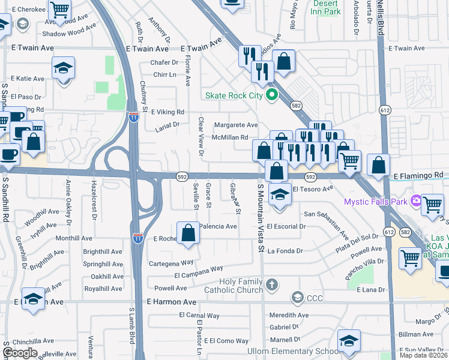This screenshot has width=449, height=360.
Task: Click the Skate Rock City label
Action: coord(234,95)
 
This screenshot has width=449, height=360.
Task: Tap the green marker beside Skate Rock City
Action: coord(271,95)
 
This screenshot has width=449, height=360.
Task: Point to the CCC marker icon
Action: coord(297,297)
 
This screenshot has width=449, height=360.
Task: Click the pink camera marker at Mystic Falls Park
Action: coord(415,202)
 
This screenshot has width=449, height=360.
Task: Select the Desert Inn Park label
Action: coord(327,7)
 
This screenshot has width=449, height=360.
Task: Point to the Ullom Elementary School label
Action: coord(294,351)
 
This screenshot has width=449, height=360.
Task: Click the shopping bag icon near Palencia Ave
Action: coord(188,233)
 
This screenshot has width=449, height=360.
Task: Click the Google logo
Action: coord(20,353)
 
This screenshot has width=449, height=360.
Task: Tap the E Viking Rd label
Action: coord(167,112)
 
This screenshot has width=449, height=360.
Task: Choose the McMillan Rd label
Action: coord(230,137)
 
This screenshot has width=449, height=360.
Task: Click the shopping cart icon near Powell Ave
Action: coord(411,259)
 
